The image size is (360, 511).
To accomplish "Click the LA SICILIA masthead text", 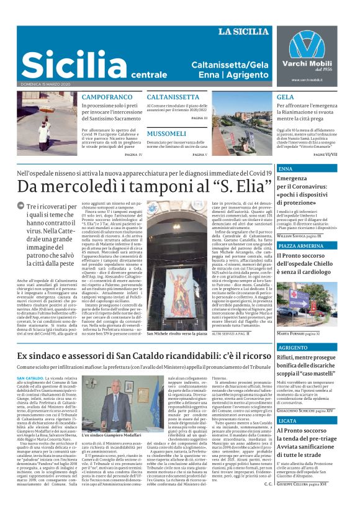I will coord(244,32).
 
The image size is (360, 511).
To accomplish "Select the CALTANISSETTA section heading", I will coord(173,97).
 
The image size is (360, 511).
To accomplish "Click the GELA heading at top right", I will coord(285,97).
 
